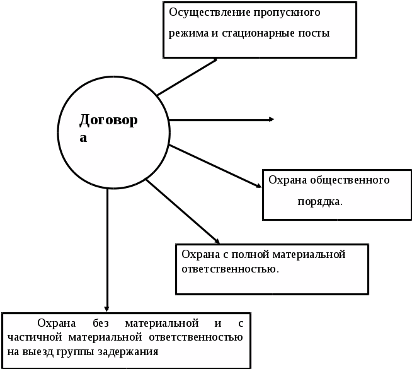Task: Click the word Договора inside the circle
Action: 108,120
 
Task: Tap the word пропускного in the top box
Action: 286,13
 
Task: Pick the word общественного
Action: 350,180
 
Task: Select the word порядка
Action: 320,202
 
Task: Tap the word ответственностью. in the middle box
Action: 230,269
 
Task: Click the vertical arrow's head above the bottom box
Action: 108,308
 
